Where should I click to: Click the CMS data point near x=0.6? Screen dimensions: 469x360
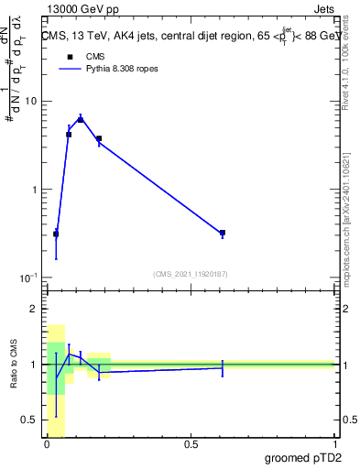(x=223, y=233)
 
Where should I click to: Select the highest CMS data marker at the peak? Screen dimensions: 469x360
(x=81, y=120)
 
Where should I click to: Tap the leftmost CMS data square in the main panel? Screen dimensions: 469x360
(x=56, y=234)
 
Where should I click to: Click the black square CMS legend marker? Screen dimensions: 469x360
(x=68, y=57)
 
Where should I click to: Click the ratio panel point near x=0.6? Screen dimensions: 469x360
(x=223, y=367)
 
